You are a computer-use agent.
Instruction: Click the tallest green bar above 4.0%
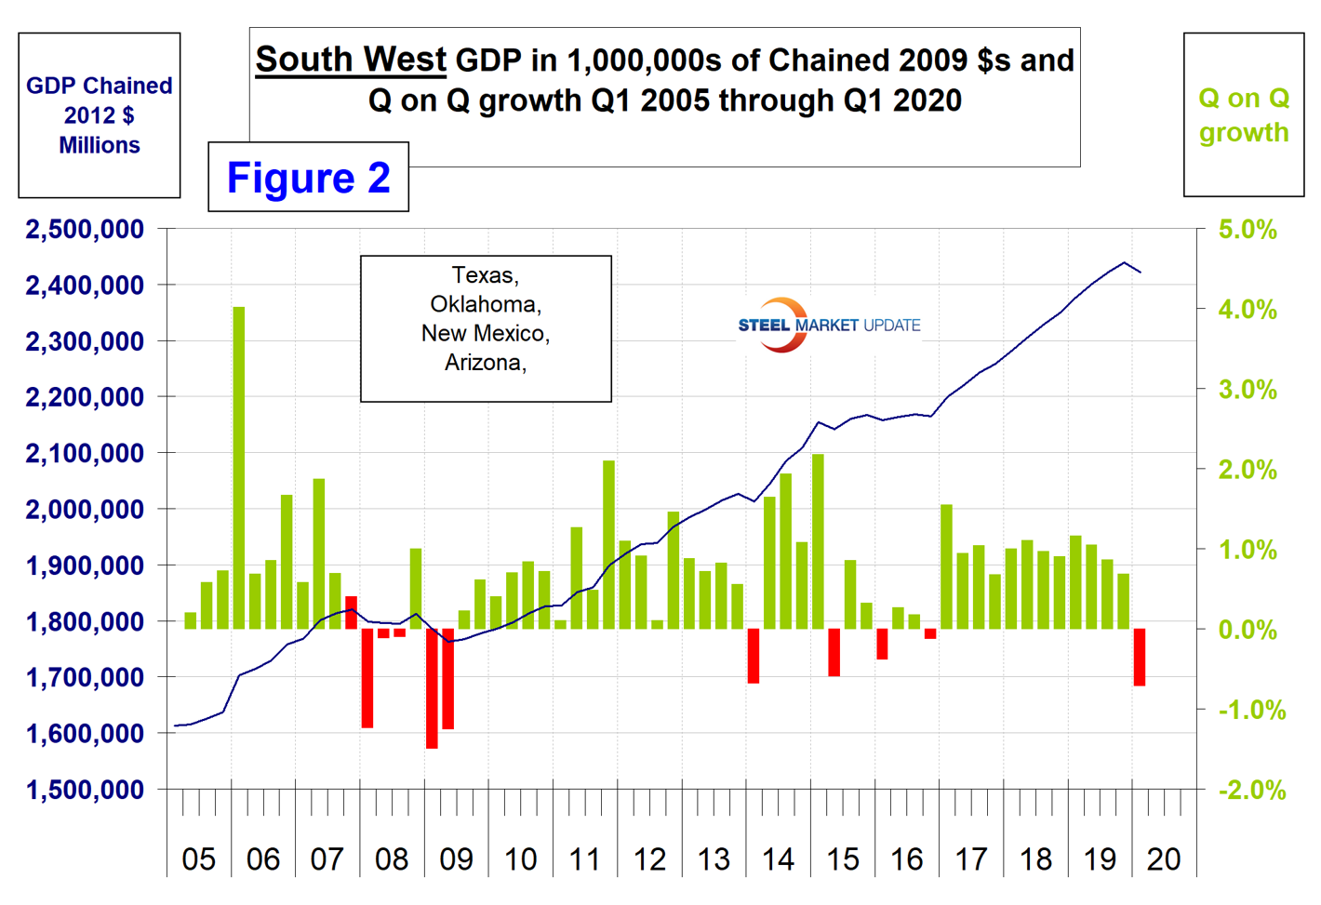pyautogui.click(x=239, y=465)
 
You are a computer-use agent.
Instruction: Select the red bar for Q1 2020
pyautogui.click(x=1140, y=657)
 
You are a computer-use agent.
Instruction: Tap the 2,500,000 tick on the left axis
pyautogui.click(x=85, y=229)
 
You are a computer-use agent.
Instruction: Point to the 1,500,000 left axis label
pyautogui.click(x=85, y=790)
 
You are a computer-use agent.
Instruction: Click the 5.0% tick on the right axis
pyautogui.click(x=1248, y=230)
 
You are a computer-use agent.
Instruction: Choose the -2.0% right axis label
pyautogui.click(x=1252, y=791)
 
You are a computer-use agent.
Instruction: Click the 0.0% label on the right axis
pyautogui.click(x=1248, y=630)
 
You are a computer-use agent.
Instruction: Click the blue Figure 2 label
pyautogui.click(x=308, y=178)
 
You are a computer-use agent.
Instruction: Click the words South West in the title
pyautogui.click(x=351, y=60)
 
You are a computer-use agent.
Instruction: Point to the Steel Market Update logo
pyautogui.click(x=828, y=325)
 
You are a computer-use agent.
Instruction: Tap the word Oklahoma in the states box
pyautogui.click(x=485, y=304)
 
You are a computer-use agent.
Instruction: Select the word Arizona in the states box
pyautogui.click(x=485, y=362)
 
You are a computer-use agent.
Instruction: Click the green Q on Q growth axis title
pyautogui.click(x=1244, y=114)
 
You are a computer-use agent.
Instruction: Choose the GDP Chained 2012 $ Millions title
pyautogui.click(x=100, y=115)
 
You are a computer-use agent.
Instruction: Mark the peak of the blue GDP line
pyautogui.click(x=1125, y=262)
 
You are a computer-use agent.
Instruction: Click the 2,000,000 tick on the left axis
pyautogui.click(x=85, y=510)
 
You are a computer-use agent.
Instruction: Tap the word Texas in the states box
pyautogui.click(x=485, y=275)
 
